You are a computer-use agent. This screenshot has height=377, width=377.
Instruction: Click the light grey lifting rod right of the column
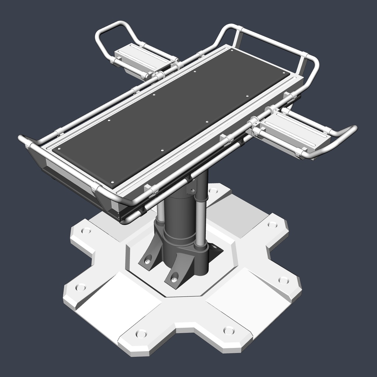coord(200,221)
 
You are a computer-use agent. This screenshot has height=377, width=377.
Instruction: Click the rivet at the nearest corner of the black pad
coord(113,182)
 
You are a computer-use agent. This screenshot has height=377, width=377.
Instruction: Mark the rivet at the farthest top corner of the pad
coord(232,50)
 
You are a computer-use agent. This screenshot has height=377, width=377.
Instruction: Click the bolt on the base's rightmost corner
coord(283,280)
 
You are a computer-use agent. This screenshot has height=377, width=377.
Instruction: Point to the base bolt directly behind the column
coord(213,191)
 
